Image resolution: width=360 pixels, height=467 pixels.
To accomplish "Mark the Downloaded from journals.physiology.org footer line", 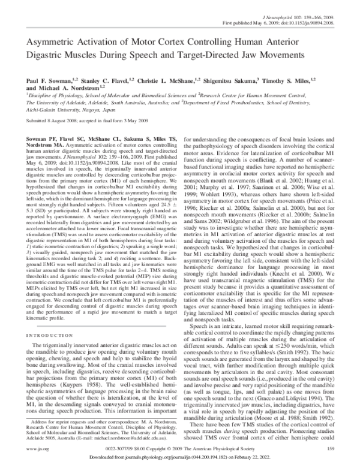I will (180, 458).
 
